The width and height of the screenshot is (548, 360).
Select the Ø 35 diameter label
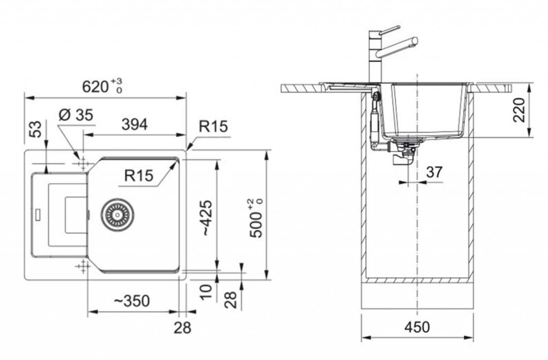(76, 114)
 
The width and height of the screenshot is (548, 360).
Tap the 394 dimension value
(134, 124)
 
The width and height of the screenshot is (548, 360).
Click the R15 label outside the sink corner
(213, 126)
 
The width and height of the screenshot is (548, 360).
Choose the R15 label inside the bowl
(139, 175)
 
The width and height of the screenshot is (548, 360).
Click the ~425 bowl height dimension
(207, 218)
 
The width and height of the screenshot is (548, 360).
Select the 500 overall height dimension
(257, 219)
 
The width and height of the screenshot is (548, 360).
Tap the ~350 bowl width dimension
(132, 301)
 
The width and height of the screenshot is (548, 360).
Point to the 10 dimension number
(206, 291)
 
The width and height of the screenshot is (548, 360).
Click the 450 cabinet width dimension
(417, 327)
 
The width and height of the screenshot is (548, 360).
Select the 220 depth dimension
(519, 110)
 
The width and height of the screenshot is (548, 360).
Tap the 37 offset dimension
(435, 172)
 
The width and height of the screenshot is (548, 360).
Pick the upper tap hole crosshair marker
(83, 163)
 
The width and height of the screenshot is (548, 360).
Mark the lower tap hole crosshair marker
(83, 266)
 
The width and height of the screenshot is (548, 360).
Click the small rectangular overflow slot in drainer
(38, 213)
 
